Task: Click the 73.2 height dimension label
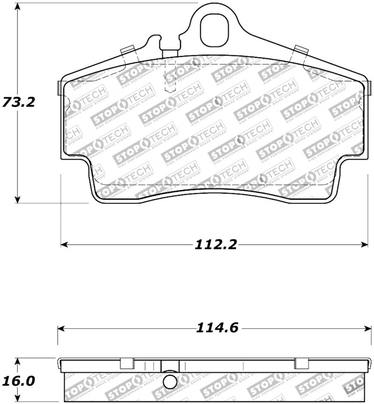tap(19, 102)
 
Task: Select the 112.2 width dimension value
tap(216, 244)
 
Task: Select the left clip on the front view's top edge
tap(128, 50)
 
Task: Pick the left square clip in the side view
tap(126, 363)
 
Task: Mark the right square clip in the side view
tap(302, 363)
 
